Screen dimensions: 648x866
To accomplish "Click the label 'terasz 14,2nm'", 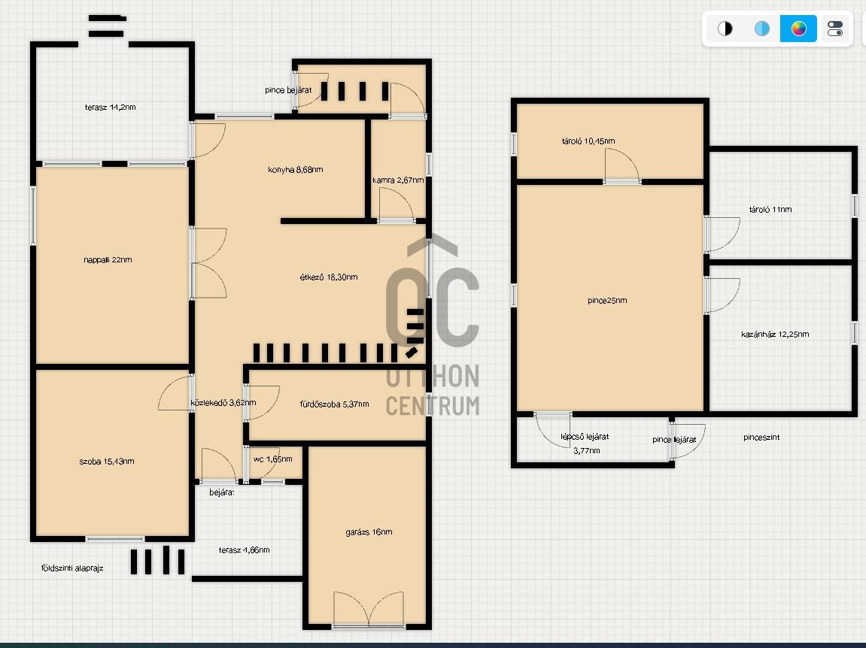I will (110, 107).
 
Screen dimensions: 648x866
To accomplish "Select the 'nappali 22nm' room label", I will (108, 260).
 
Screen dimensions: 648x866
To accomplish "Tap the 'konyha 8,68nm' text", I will (296, 170).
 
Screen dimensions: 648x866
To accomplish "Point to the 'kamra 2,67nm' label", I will (398, 180).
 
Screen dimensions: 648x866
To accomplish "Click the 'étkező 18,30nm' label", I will (329, 277).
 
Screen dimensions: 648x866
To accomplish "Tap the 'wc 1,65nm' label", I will (273, 459).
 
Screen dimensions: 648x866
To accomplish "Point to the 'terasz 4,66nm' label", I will (244, 550).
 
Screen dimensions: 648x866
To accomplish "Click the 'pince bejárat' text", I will (288, 90).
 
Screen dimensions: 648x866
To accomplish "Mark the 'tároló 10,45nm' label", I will (588, 141).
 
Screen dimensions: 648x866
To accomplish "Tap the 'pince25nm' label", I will (607, 301).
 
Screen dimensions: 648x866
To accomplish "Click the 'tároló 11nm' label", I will (770, 210).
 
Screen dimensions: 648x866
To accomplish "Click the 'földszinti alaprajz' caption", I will (72, 569).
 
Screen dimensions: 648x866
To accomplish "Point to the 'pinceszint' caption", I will (761, 437).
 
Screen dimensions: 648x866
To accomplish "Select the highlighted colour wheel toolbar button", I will (798, 29).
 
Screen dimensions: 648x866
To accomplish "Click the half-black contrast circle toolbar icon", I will (725, 29).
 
